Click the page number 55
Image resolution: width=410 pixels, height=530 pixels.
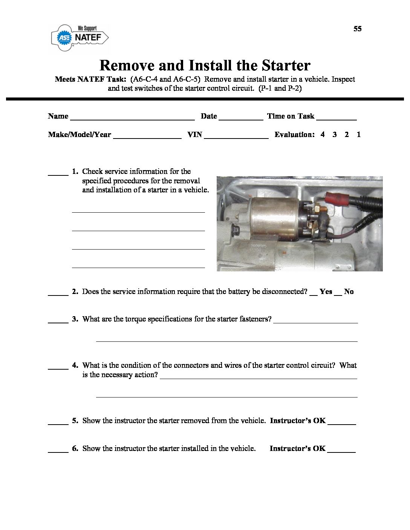click(x=357, y=29)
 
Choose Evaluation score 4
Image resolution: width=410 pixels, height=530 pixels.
click(x=323, y=134)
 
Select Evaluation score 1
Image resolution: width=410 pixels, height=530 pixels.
click(x=359, y=134)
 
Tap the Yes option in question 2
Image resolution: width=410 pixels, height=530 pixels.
click(x=326, y=292)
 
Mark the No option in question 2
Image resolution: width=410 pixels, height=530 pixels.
click(x=349, y=292)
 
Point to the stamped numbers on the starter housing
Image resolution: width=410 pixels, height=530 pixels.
click(x=259, y=248)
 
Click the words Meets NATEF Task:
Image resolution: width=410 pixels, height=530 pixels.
click(x=90, y=79)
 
